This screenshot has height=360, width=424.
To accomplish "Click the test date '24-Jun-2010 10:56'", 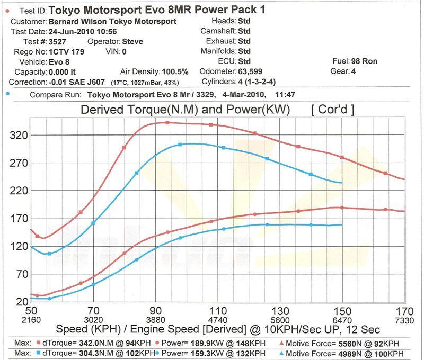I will pyautogui.click(x=77, y=31).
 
